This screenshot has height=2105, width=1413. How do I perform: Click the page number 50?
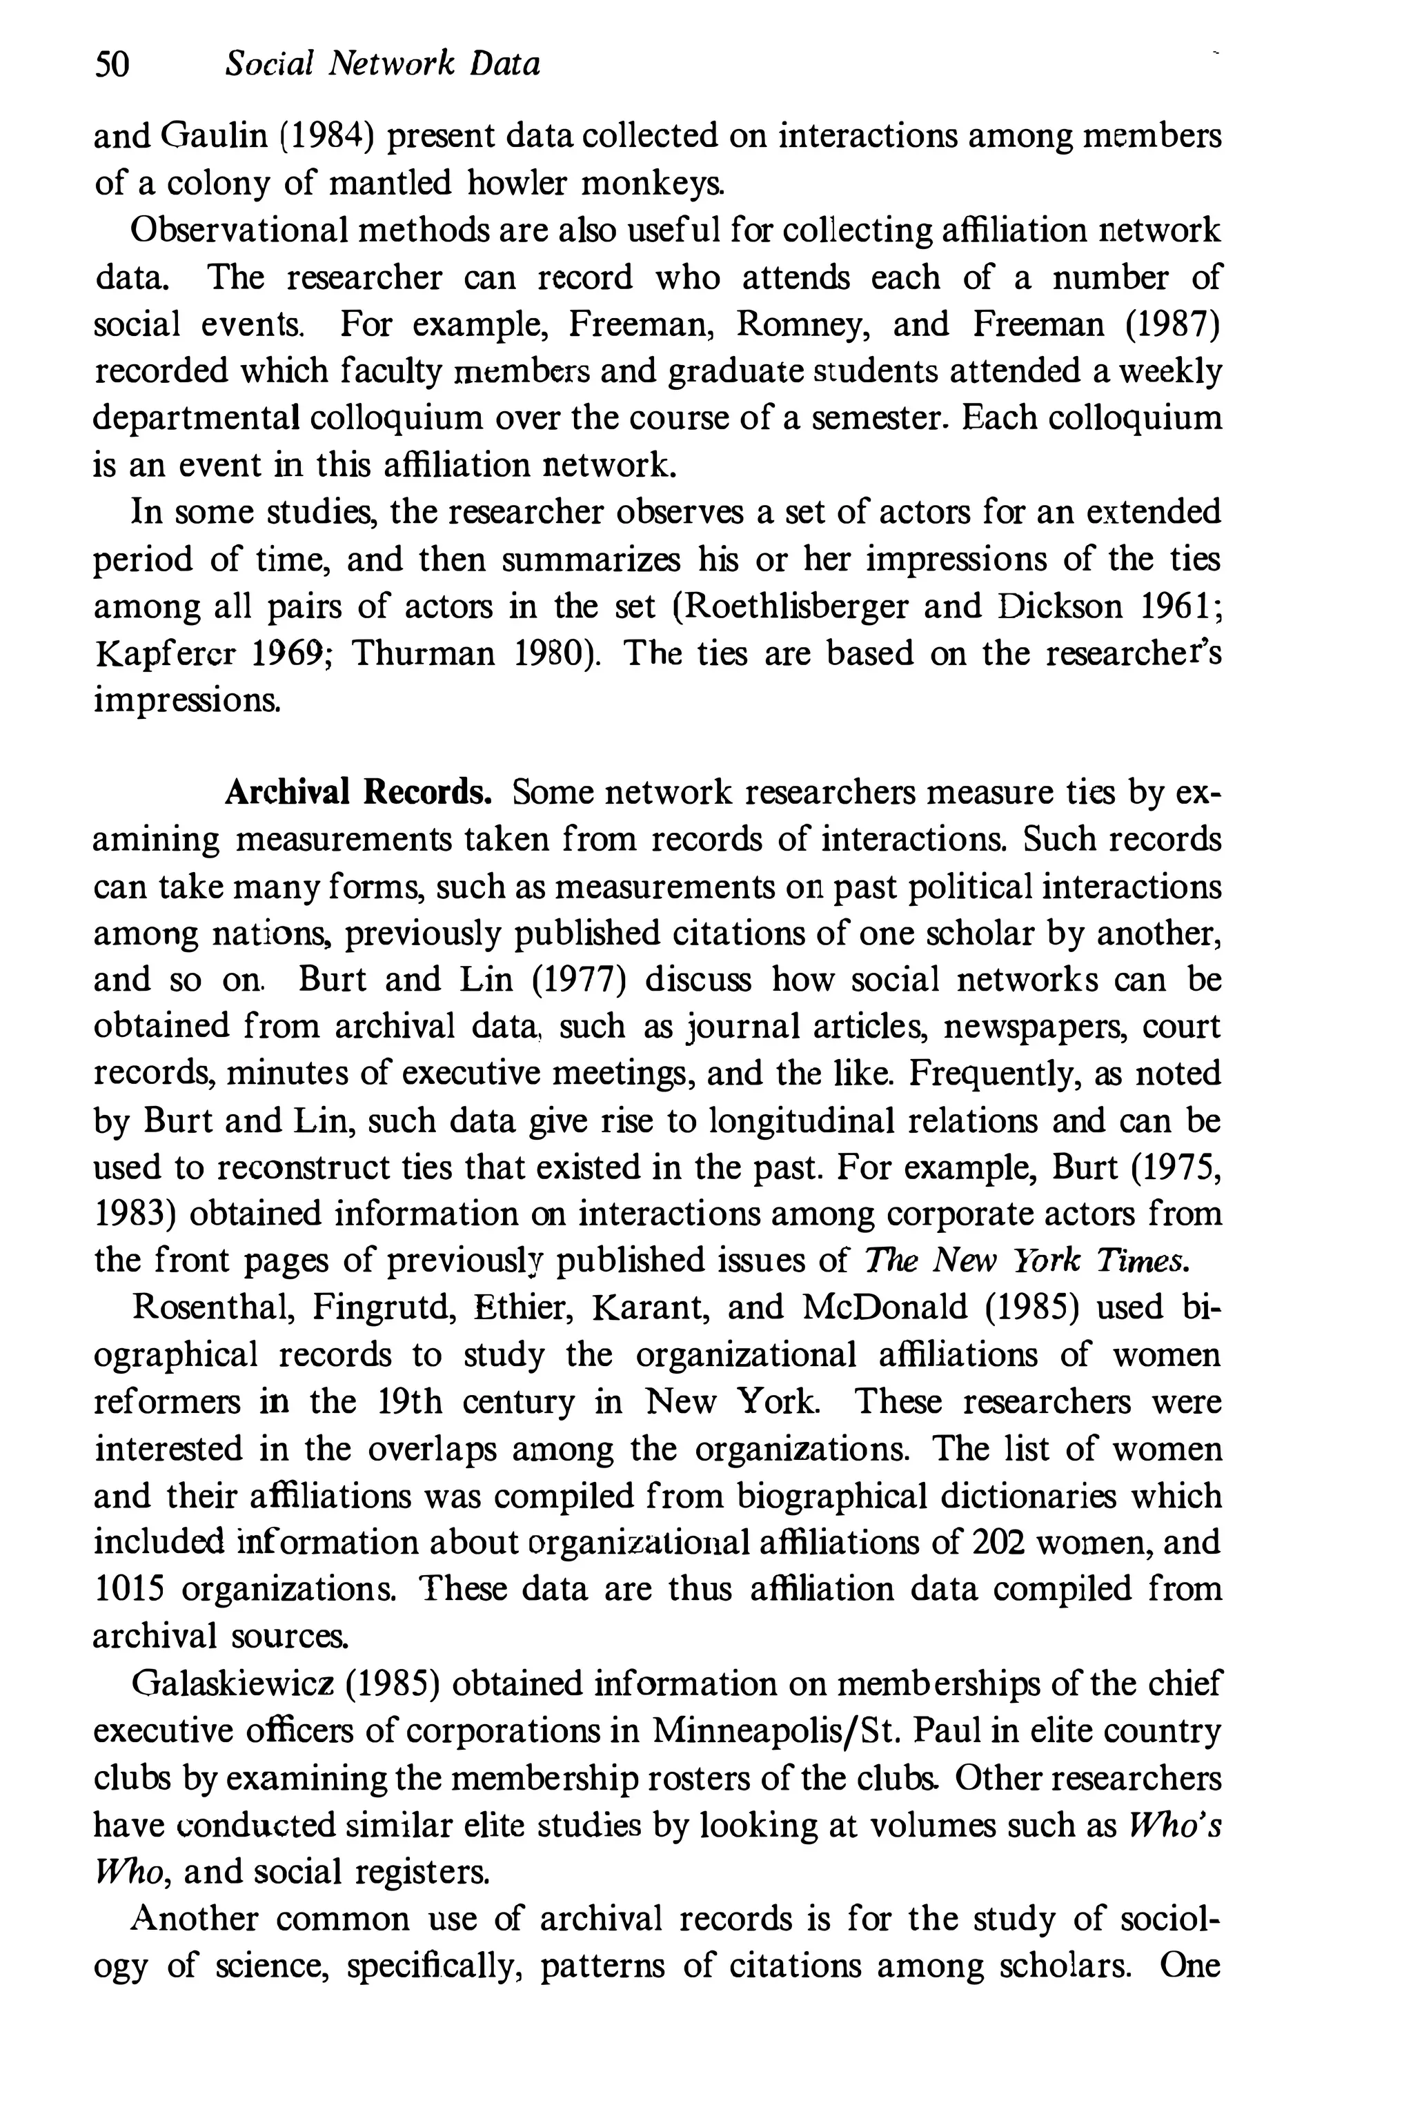pyautogui.click(x=112, y=65)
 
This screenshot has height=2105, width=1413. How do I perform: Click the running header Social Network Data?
pyautogui.click(x=383, y=65)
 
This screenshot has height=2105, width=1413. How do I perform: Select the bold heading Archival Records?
pyautogui.click(x=358, y=792)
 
